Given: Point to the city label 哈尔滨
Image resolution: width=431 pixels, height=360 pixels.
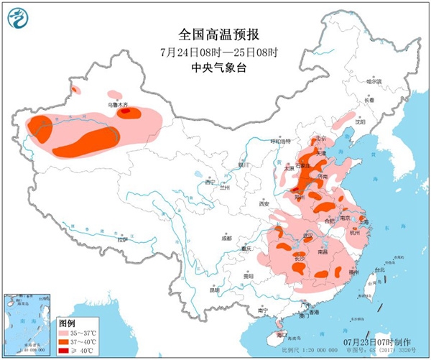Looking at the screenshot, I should (x=374, y=82).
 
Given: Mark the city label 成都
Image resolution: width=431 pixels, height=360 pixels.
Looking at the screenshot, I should (x=227, y=236).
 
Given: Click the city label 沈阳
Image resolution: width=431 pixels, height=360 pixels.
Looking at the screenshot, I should (x=371, y=122).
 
